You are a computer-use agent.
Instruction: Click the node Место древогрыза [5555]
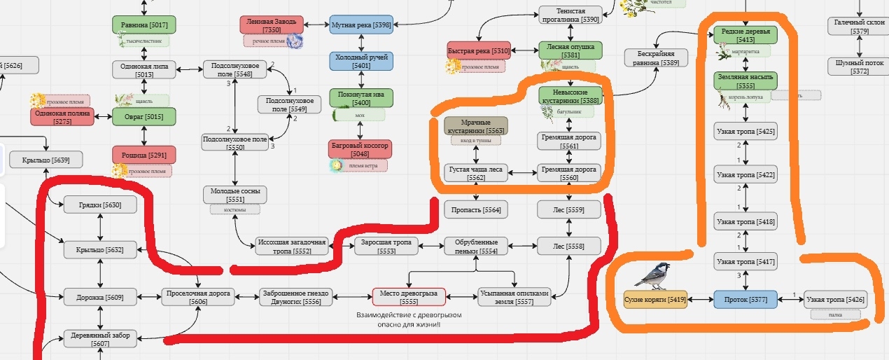pos(409,297)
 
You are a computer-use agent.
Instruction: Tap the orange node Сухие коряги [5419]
pos(655,300)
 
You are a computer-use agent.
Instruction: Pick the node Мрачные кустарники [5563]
pos(476,126)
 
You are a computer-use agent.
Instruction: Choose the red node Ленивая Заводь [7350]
pos(271,25)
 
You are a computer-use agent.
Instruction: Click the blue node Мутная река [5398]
pos(361,25)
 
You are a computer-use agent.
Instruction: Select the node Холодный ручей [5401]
pos(361,61)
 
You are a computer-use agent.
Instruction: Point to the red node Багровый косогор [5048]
pos(360,148)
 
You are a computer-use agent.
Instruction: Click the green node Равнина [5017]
pos(144,25)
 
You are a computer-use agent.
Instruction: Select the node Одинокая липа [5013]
pos(144,69)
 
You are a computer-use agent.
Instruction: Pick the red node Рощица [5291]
pos(144,154)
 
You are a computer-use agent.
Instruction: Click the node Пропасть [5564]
pos(475,209)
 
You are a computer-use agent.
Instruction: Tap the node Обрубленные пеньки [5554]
pos(475,246)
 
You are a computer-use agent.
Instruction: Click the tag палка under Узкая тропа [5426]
pos(834,315)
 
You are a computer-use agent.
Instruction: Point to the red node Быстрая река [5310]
pos(479,50)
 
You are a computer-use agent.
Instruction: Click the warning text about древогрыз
pos(409,319)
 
